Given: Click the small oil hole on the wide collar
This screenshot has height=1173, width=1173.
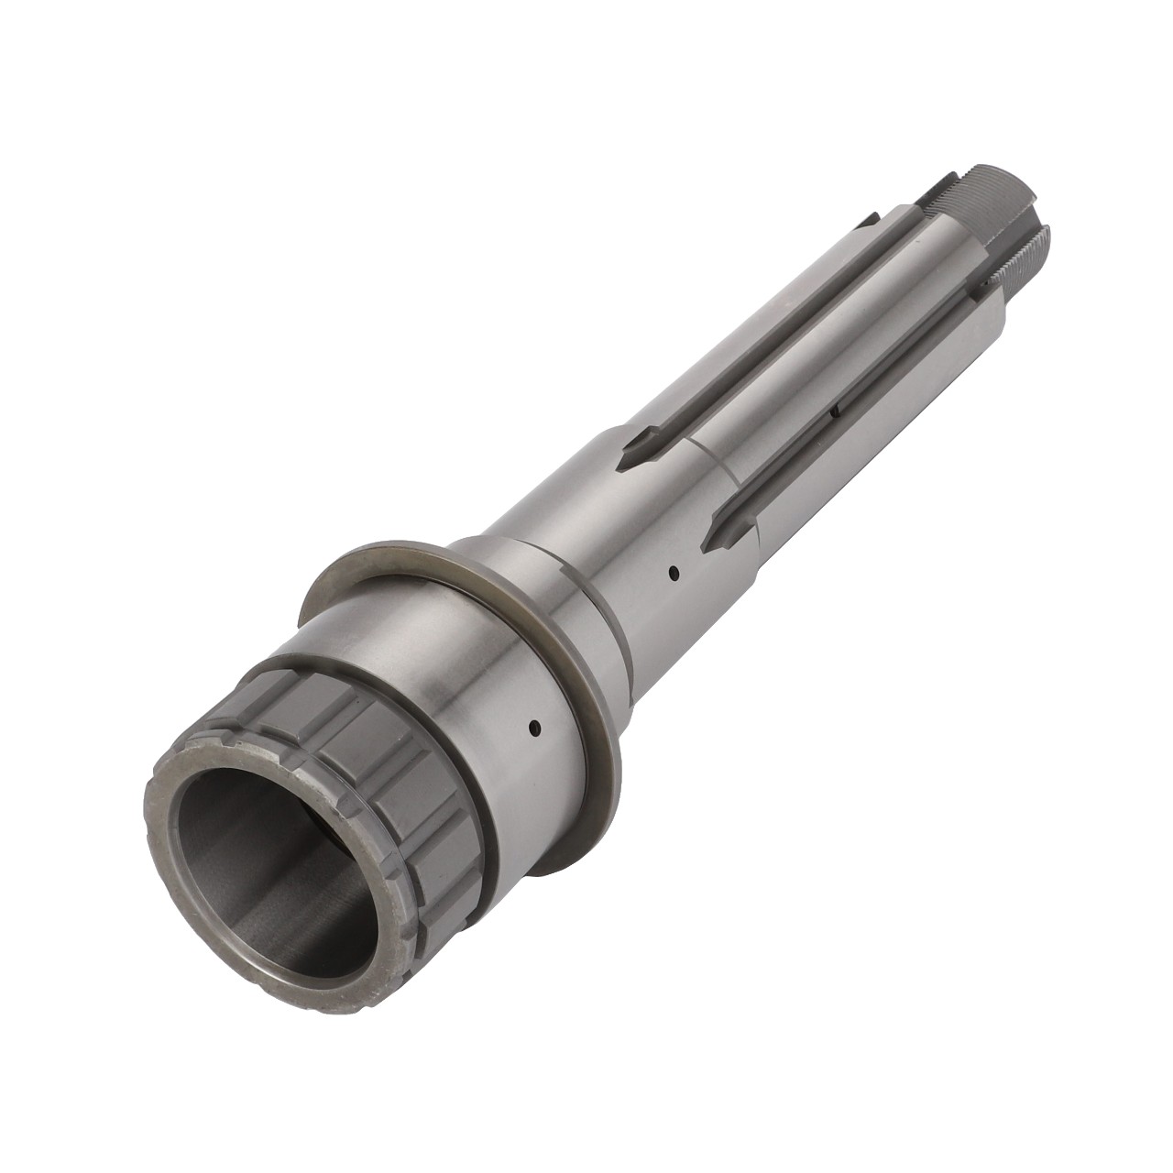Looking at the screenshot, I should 534,730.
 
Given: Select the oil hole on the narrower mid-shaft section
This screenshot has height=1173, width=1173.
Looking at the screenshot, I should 674,575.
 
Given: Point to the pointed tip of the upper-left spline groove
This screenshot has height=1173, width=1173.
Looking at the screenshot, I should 629,451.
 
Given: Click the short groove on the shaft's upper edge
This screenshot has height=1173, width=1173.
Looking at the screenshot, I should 866,221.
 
